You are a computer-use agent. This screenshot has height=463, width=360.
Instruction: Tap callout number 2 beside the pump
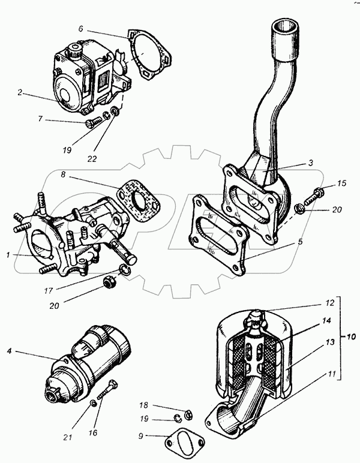pos(20,93)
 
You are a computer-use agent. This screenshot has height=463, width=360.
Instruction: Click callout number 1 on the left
pos(8,255)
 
